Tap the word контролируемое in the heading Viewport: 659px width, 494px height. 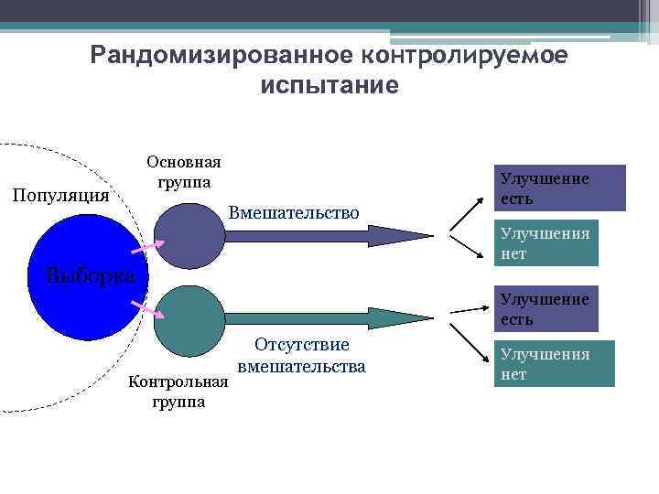465,56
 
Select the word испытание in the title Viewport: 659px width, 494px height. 329,86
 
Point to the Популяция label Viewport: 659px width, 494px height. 59,196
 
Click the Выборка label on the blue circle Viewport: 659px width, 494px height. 92,275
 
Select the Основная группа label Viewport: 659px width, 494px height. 184,172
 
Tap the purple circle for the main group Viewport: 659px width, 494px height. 189,235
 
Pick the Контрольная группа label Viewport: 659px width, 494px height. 178,391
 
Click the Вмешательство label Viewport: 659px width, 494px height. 294,213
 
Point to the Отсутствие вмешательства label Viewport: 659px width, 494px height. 301,356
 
